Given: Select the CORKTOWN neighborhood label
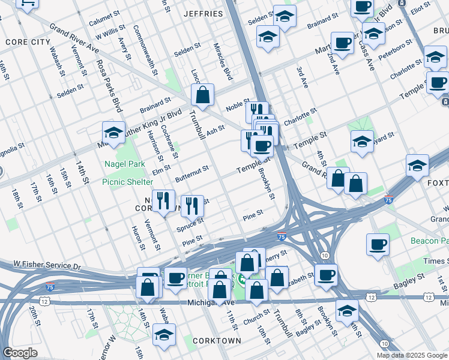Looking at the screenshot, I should [x=217, y=341].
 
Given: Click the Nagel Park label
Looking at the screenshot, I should [x=125, y=163].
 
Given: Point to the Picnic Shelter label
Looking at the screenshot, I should [x=127, y=181].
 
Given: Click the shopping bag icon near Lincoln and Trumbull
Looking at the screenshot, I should [x=203, y=94].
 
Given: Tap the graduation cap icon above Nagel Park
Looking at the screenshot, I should [x=113, y=132].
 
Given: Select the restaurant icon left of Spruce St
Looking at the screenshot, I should [x=163, y=200].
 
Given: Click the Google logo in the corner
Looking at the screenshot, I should [x=20, y=353].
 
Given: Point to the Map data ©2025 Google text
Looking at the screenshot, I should [x=411, y=355].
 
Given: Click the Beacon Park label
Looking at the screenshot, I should [x=429, y=241].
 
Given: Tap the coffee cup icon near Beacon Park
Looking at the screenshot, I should [x=378, y=244].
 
